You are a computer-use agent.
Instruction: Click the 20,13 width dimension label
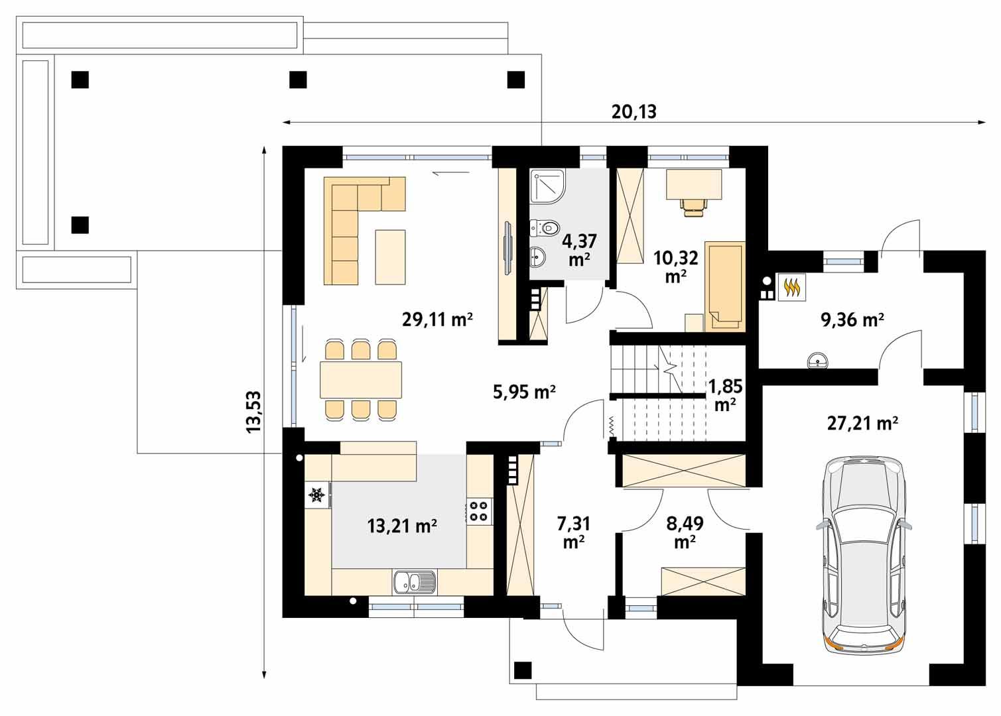[x=634, y=111]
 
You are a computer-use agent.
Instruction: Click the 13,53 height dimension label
[x=254, y=412]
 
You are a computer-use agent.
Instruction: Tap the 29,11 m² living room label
[x=437, y=320]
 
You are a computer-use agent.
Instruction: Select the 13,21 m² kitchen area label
[x=402, y=526]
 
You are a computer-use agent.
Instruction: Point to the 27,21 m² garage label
[x=862, y=422]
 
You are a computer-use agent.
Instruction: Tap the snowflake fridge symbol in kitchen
[x=316, y=495]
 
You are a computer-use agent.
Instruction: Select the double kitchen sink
[x=414, y=582]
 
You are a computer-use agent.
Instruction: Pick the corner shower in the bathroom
[x=547, y=186]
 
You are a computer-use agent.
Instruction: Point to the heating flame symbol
[x=791, y=288]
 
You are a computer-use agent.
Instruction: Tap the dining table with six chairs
[x=360, y=380]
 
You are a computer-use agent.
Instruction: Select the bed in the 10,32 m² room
[x=724, y=285]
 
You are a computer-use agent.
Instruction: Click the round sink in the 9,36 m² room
[x=818, y=361]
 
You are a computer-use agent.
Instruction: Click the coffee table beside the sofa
[x=390, y=257]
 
